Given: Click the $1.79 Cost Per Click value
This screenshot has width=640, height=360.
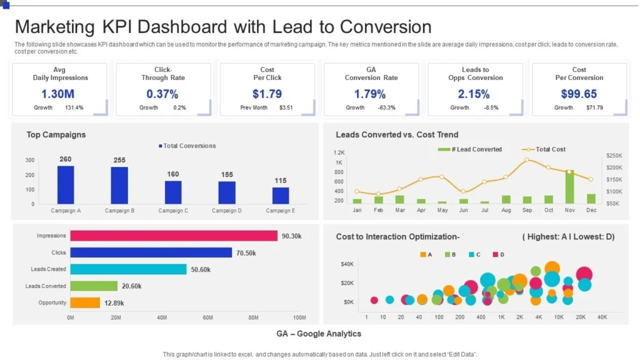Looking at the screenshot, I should (x=267, y=94).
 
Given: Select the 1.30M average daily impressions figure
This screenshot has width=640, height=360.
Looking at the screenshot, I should (x=58, y=94).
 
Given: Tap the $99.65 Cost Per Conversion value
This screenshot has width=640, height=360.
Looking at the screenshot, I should (x=579, y=94).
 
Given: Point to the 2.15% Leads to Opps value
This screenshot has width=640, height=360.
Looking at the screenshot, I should (x=474, y=94).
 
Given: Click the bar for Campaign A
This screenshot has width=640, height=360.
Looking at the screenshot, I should (x=66, y=184).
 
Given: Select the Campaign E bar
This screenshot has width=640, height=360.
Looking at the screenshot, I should (x=281, y=196).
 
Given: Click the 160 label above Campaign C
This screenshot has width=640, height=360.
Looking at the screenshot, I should (x=173, y=174).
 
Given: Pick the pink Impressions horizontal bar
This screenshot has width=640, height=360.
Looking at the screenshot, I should (x=174, y=236).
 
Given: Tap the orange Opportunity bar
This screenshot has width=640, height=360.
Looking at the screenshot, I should (x=85, y=303).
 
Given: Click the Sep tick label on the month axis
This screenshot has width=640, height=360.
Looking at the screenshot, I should (x=527, y=211).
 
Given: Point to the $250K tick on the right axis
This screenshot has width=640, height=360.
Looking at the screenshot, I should (x=614, y=156).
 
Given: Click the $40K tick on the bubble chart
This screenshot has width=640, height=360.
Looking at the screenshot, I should (x=347, y=264).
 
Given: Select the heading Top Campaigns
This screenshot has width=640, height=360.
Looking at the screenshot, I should (x=56, y=134).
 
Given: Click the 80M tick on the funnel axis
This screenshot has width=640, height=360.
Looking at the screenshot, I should (x=253, y=318).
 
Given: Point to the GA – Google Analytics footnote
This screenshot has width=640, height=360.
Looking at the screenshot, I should (x=319, y=334).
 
